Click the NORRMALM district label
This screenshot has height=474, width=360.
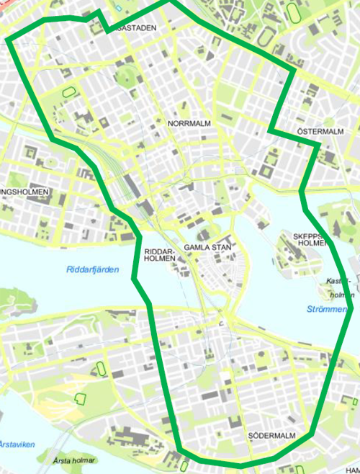pyautogui.click(x=189, y=123)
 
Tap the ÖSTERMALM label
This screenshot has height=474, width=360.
pyautogui.click(x=320, y=132)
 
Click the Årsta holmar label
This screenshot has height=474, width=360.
pyautogui.click(x=75, y=459)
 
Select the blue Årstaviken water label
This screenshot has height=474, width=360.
pyautogui.click(x=17, y=444)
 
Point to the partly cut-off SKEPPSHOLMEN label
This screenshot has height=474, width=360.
pyautogui.click(x=310, y=239)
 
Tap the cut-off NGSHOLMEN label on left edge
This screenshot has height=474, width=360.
pyautogui.click(x=24, y=192)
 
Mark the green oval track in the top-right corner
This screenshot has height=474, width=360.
pyautogui.click(x=293, y=12)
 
